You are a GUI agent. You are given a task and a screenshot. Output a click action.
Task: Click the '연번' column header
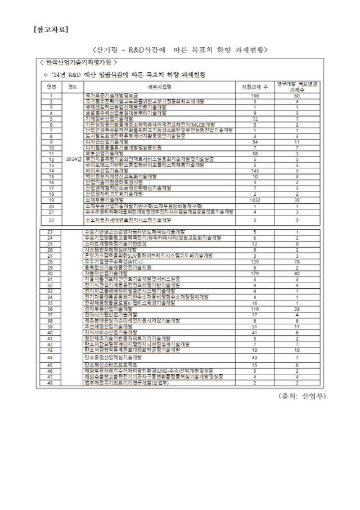(51, 86)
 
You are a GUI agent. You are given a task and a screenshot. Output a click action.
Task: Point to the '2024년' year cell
(74, 159)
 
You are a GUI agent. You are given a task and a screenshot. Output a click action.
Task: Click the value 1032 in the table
(255, 199)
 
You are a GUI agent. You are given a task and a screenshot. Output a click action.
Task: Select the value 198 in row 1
(255, 96)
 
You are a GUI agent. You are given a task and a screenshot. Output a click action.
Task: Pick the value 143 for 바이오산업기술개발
(255, 169)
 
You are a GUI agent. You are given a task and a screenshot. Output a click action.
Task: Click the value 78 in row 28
(296, 262)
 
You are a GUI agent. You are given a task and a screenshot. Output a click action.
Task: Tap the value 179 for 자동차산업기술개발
(255, 273)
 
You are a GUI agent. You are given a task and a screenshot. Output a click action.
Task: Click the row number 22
(51, 220)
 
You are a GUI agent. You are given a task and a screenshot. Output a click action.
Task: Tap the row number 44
(51, 357)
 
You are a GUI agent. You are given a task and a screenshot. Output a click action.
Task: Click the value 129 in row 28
(255, 262)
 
